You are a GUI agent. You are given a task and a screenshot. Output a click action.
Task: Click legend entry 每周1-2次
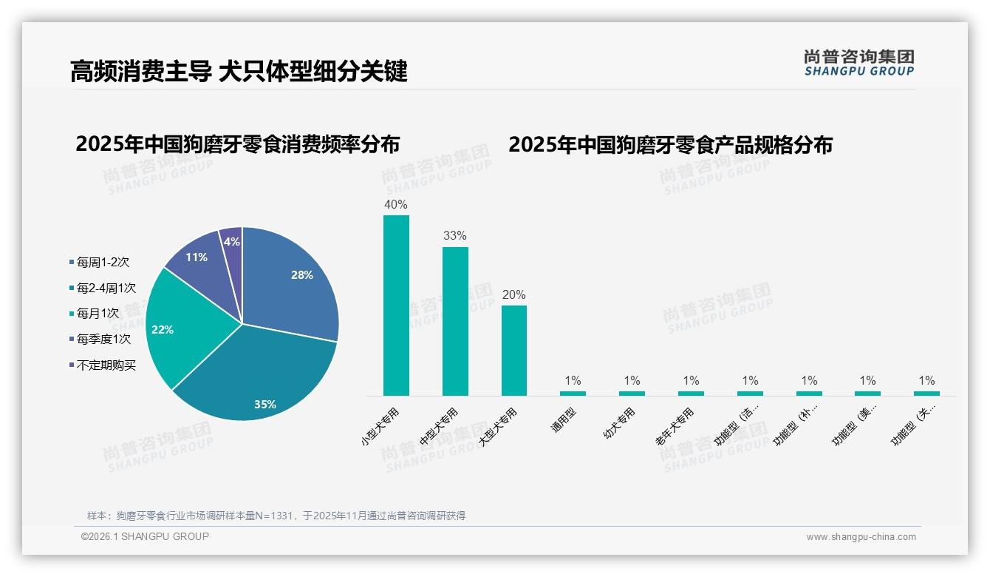103,262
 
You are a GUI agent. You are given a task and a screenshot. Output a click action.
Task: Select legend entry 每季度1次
103,339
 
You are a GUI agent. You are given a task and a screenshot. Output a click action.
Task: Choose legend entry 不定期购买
106,365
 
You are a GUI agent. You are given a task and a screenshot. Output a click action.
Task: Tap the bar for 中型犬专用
455,321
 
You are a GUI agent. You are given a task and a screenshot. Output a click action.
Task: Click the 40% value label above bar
396,204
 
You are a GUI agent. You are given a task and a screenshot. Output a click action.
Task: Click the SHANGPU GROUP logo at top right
858,62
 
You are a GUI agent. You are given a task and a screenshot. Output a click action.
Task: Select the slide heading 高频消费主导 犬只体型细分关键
239,72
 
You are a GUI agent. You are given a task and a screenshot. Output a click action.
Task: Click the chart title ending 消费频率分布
237,144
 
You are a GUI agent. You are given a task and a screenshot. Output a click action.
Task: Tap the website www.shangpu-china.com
861,537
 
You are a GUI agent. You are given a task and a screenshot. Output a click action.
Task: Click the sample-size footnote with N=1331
276,516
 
